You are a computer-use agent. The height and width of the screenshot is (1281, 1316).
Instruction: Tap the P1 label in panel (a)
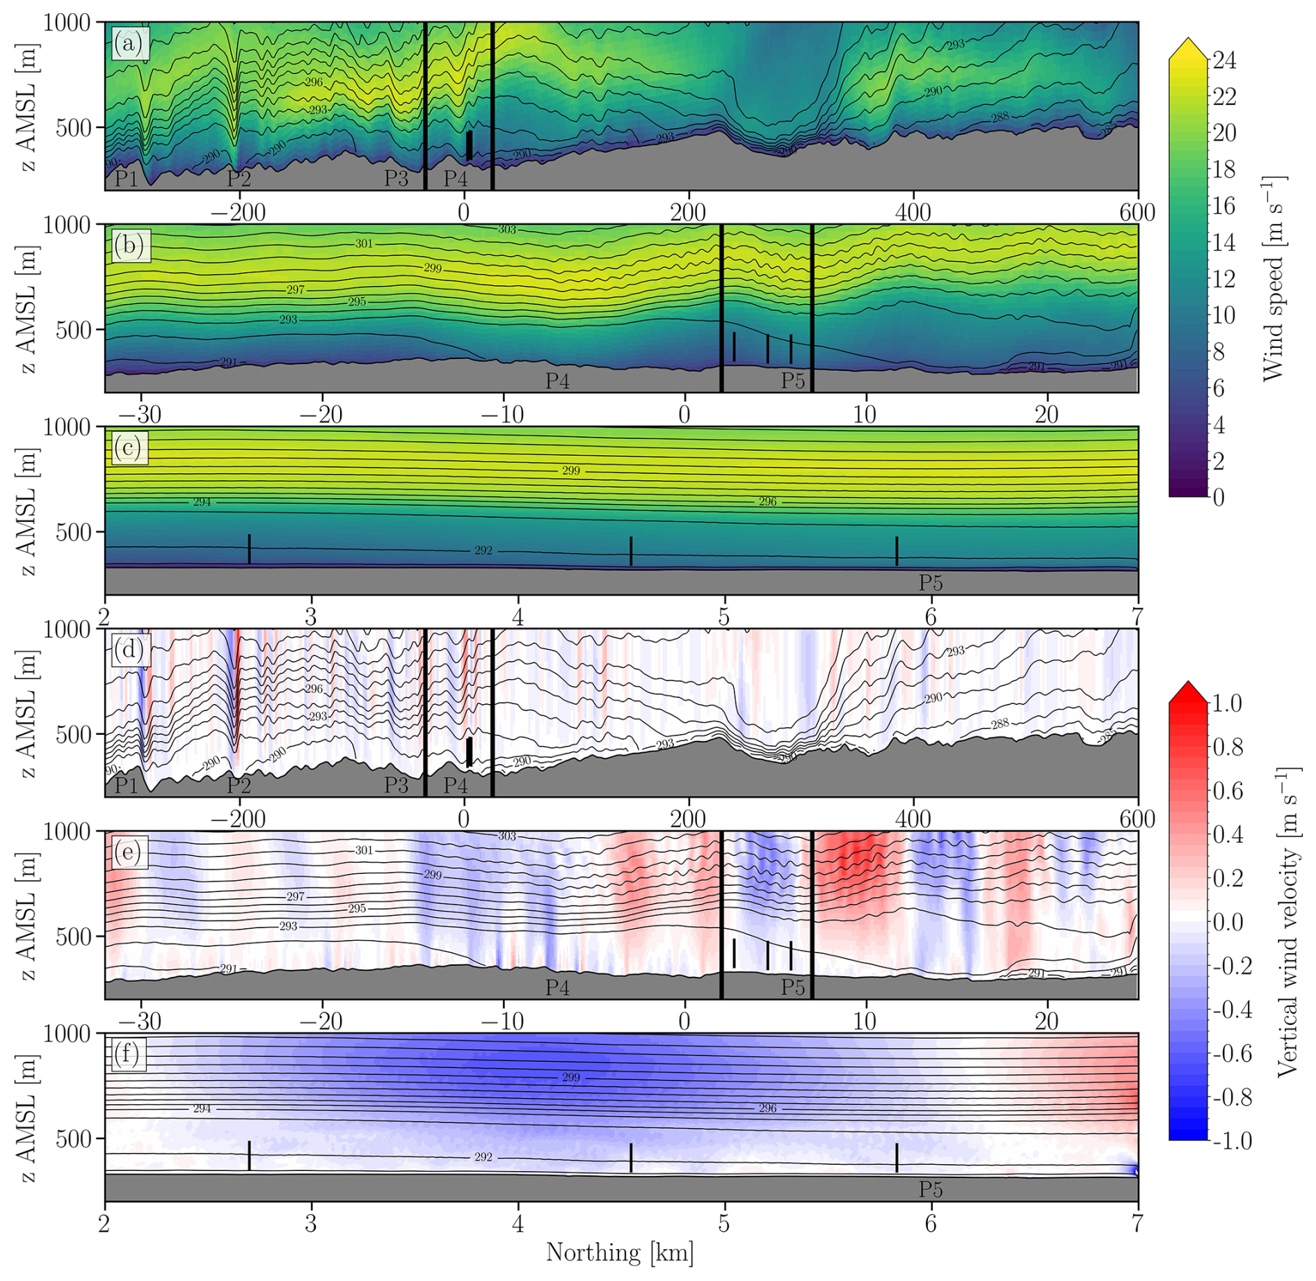pos(126,179)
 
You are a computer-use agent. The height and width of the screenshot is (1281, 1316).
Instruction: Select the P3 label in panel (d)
pos(396,786)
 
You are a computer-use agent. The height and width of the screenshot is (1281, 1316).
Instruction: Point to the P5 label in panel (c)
pos(931,583)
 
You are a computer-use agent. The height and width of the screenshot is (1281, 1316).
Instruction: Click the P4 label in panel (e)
pos(557,987)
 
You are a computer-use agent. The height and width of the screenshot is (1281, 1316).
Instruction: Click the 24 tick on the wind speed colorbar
pos(1224,61)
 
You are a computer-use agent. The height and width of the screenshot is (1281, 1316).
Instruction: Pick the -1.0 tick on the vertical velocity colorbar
pos(1231,1141)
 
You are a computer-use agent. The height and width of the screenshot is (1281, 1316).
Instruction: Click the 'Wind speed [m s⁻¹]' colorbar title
pos(1272,278)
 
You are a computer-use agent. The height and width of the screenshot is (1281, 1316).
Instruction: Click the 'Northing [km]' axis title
pos(620,1252)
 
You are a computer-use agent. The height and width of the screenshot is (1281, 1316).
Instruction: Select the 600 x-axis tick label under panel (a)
pos(1137,213)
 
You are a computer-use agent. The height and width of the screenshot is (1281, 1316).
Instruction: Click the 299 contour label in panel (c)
pos(570,471)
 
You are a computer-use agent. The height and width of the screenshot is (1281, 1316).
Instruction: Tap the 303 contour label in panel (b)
pos(507,230)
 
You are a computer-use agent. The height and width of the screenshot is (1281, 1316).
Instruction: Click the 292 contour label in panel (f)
pos(483,1157)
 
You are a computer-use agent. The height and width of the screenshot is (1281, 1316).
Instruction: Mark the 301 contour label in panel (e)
pos(364,850)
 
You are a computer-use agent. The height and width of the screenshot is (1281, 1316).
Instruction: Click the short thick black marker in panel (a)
pos(470,145)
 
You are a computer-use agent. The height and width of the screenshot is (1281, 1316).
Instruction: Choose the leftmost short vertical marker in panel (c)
pos(249,548)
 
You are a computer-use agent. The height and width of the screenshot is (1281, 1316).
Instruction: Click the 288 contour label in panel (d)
pos(1000,724)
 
